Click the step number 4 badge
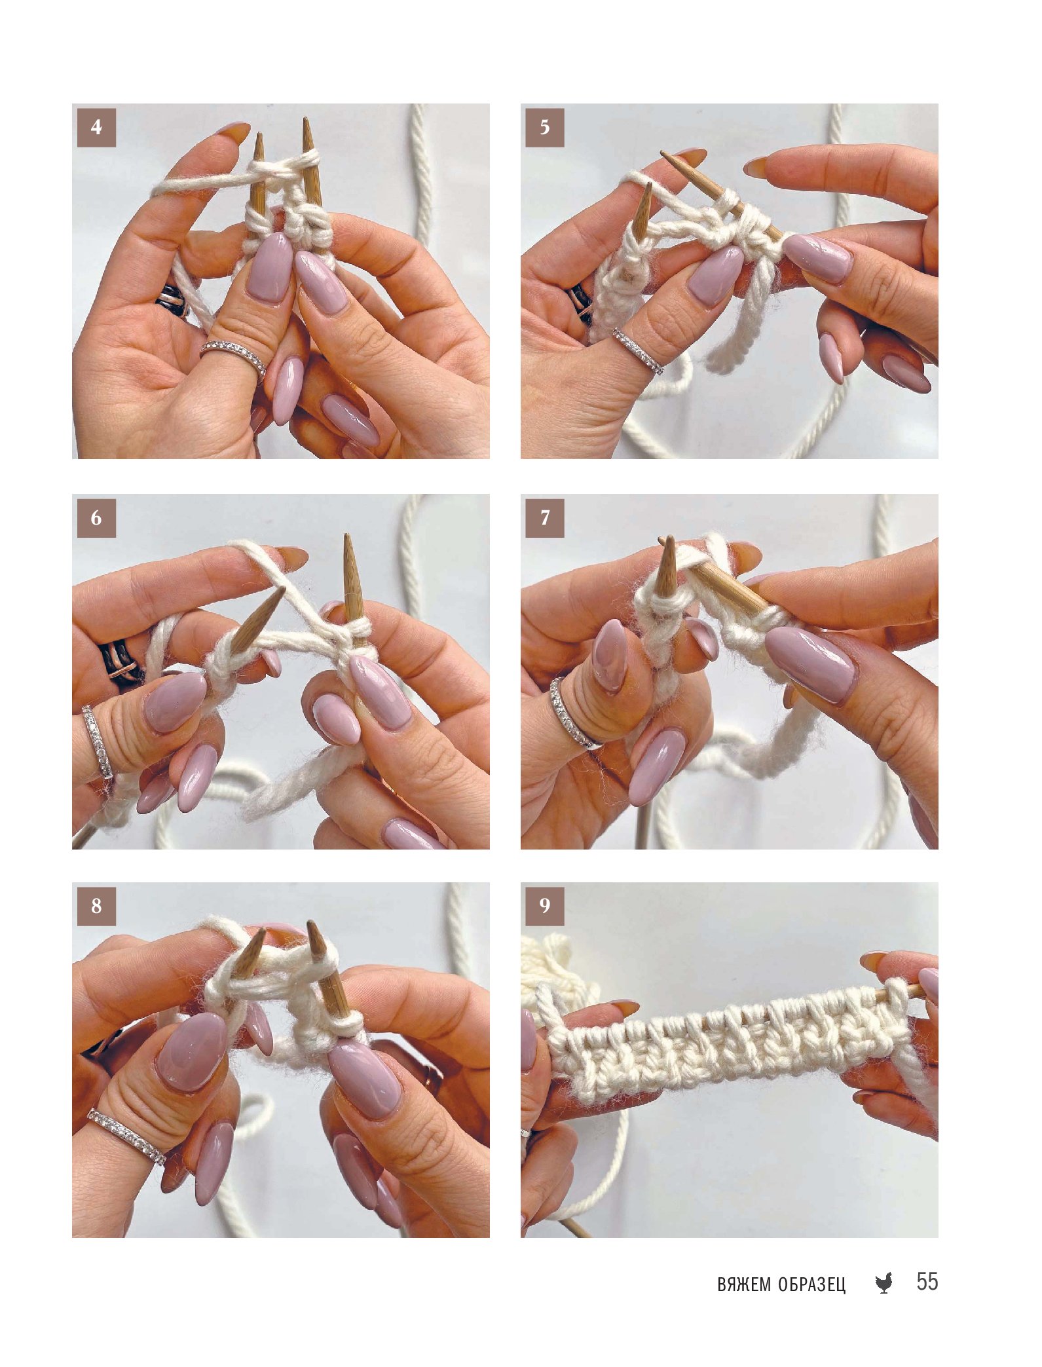(96, 128)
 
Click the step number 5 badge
(545, 128)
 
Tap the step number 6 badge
(96, 518)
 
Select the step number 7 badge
(545, 518)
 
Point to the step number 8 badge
(96, 907)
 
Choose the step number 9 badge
(545, 907)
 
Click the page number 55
(927, 1281)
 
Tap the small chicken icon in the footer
(884, 1283)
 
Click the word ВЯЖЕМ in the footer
(744, 1284)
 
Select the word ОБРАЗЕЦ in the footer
(812, 1285)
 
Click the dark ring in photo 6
(120, 664)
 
